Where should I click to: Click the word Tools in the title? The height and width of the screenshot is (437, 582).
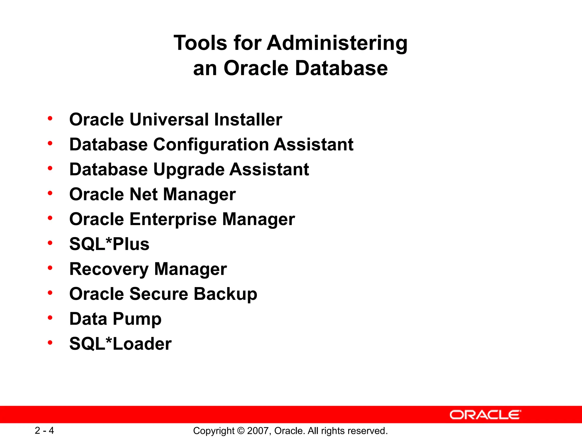point(200,43)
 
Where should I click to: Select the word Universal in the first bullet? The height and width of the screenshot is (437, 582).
point(169,119)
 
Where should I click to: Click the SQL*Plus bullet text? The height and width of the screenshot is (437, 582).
point(109,244)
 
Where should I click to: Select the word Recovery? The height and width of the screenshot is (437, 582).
point(109,269)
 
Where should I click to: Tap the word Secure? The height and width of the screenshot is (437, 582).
point(159,294)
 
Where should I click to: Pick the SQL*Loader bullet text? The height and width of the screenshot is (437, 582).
point(120,344)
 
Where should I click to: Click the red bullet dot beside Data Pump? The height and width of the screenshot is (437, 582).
point(50,318)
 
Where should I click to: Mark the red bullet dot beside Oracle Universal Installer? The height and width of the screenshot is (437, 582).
point(50,118)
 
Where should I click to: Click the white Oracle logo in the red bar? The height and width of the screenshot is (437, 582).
point(485,415)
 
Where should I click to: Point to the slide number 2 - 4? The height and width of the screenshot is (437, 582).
point(44,430)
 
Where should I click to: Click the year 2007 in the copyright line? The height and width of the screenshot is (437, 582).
point(256,431)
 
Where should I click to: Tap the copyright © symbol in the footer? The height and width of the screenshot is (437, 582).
point(241,431)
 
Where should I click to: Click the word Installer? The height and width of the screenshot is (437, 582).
point(248,119)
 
